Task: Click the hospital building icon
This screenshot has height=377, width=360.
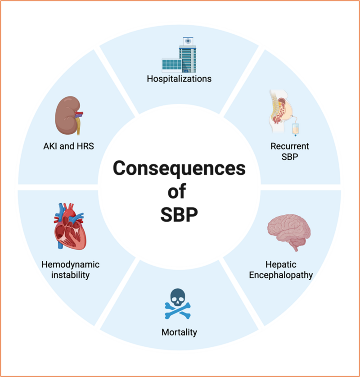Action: (x=179, y=55)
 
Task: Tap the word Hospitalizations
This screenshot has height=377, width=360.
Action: (x=179, y=79)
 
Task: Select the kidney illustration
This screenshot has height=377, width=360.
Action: (x=69, y=115)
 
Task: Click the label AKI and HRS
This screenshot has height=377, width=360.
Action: (x=68, y=146)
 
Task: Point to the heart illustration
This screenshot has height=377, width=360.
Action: (x=70, y=226)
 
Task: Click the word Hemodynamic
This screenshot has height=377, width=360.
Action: (x=70, y=264)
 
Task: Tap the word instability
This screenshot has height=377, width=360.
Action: (x=70, y=275)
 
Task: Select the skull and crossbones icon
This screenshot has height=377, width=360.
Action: (x=178, y=304)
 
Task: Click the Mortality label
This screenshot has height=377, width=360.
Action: (x=179, y=332)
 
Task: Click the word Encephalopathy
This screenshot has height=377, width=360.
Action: (x=281, y=275)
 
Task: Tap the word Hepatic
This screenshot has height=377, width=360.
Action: (x=281, y=265)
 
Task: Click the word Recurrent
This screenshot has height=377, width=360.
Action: (x=290, y=146)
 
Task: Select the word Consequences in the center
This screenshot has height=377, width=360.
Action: (x=179, y=168)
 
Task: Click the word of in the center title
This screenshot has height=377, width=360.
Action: (x=177, y=191)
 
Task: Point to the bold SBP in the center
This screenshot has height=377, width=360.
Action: (x=179, y=214)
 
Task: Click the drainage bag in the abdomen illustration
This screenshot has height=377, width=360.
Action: (x=295, y=129)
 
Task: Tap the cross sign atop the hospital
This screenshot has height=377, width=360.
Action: (x=188, y=41)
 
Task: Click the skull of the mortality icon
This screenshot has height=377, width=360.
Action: (x=178, y=297)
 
